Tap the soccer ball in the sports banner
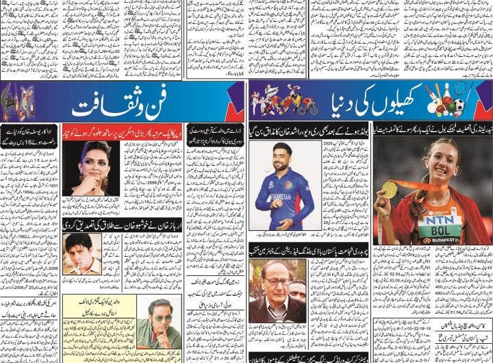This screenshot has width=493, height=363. [x=457, y=108]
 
